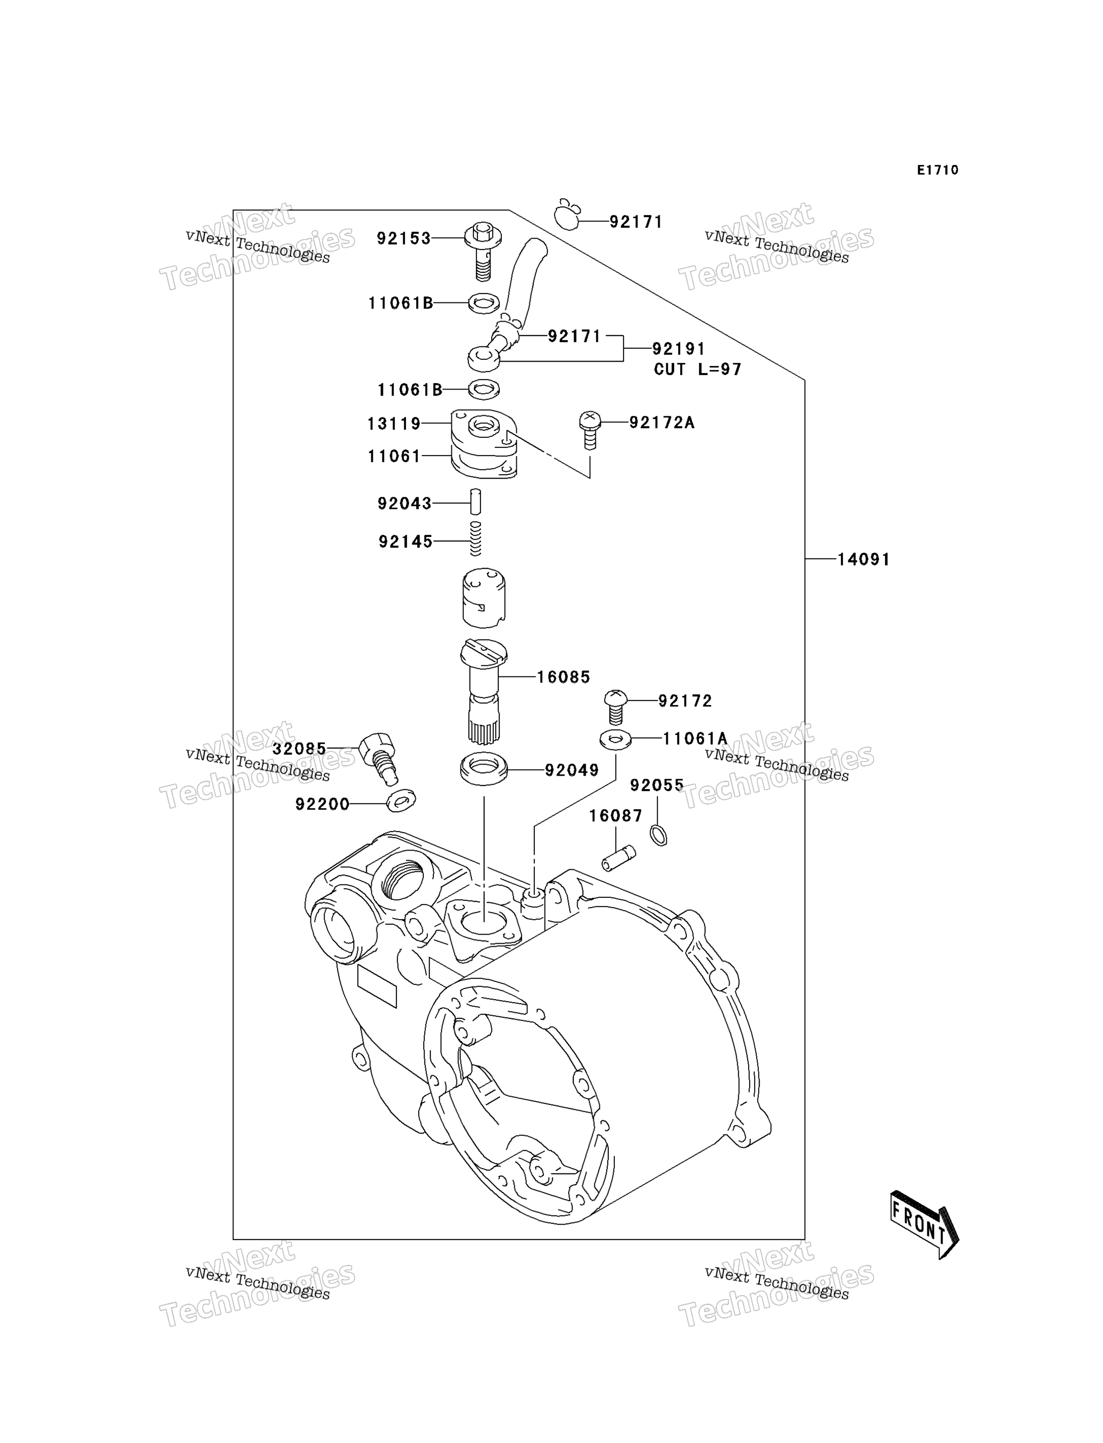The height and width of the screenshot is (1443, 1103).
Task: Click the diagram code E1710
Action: pyautogui.click(x=937, y=170)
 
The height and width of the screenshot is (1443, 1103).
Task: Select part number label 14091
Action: pyautogui.click(x=863, y=560)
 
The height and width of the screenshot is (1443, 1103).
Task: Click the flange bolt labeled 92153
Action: pyautogui.click(x=483, y=251)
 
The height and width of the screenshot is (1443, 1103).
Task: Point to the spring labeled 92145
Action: pyautogui.click(x=476, y=538)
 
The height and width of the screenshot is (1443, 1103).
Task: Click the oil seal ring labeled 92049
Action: pyautogui.click(x=484, y=769)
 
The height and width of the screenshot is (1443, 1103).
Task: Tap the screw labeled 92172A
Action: pyautogui.click(x=590, y=430)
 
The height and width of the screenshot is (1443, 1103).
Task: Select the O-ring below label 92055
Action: pyautogui.click(x=659, y=836)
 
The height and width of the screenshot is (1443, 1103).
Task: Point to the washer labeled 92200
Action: pyautogui.click(x=401, y=801)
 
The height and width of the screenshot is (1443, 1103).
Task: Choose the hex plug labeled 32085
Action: pyautogui.click(x=379, y=758)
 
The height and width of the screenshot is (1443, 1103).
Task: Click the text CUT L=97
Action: pyautogui.click(x=697, y=370)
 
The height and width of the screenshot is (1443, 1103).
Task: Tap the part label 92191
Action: pyautogui.click(x=678, y=349)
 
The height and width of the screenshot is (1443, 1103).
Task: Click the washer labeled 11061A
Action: pyautogui.click(x=616, y=739)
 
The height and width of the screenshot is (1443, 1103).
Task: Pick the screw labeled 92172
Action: pyautogui.click(x=615, y=707)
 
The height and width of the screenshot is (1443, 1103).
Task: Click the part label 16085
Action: pyautogui.click(x=563, y=677)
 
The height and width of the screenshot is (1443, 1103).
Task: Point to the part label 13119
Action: pyautogui.click(x=394, y=424)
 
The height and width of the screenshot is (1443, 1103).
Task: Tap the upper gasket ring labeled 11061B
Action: pyautogui.click(x=484, y=303)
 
